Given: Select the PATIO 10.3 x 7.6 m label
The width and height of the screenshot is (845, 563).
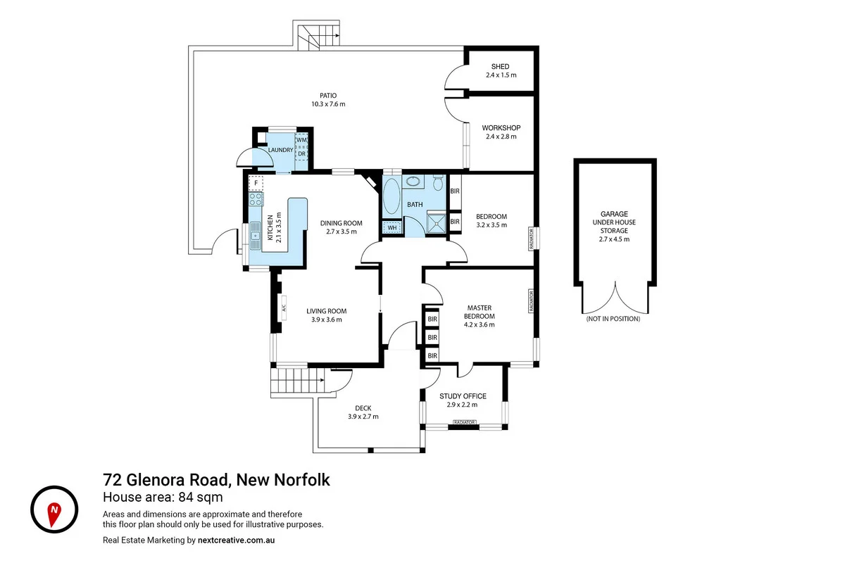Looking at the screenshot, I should click(328, 99).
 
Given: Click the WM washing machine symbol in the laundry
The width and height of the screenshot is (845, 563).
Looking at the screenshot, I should click(301, 139).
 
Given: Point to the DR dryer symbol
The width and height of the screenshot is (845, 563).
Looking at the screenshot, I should click(301, 153).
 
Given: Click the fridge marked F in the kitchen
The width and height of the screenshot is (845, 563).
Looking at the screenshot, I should click(256, 184).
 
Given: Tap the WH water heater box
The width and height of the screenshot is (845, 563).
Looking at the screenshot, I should click(390, 227).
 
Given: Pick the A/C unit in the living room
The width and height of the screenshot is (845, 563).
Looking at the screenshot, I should click(283, 308).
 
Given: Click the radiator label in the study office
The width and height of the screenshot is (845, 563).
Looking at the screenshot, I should click(463, 423).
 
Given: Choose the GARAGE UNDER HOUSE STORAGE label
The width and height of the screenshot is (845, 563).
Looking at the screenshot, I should click(614, 226).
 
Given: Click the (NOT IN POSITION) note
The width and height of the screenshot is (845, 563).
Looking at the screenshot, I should click(613, 319).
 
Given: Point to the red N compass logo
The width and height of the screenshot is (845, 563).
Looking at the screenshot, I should click(54, 509).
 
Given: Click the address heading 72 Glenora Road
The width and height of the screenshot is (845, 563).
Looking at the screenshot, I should click(216, 480).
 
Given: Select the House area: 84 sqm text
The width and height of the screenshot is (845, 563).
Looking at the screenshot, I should click(163, 498).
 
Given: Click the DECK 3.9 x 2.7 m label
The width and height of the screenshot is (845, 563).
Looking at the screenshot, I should click(363, 412).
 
